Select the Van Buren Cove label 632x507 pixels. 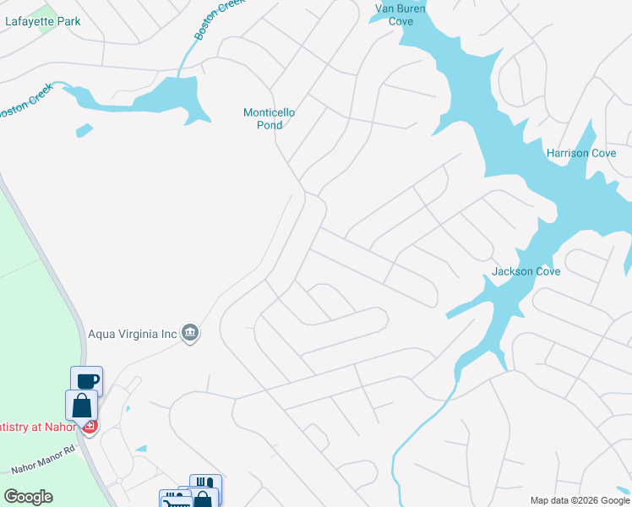(400, 14)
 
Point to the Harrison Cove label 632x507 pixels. (581, 153)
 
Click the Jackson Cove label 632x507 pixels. (526, 271)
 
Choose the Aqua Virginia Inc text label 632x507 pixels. (133, 334)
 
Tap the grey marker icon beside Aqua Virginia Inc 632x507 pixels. (191, 334)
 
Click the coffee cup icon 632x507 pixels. (86, 380)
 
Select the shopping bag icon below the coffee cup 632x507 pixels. (81, 405)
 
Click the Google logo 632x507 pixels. (28, 497)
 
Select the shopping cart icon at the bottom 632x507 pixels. (176, 501)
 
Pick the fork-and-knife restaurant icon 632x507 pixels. (205, 484)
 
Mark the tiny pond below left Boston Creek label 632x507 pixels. (84, 131)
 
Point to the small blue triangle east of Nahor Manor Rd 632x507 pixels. (141, 449)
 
